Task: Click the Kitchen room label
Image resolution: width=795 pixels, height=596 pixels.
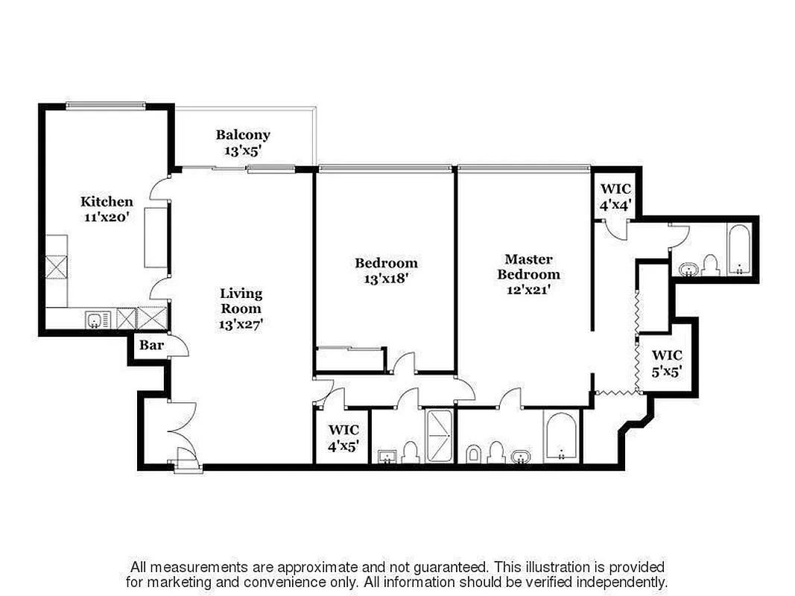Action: pos(107,201)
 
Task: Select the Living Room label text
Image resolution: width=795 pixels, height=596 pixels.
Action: pos(241,301)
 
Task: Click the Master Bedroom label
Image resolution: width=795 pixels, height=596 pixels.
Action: pos(528,267)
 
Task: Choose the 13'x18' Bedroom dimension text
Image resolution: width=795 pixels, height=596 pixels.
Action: pos(386,278)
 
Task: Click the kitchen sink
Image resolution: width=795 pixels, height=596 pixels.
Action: pos(94,321)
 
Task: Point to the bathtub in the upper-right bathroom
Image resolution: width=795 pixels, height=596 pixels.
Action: pos(739,253)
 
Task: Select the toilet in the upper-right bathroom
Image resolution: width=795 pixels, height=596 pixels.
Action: pos(709,265)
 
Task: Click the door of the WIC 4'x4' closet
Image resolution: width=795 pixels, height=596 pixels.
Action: pos(615,229)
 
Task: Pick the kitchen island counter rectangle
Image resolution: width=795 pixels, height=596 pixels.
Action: pos(156,237)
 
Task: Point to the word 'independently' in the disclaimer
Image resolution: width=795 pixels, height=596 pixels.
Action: pos(622,582)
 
